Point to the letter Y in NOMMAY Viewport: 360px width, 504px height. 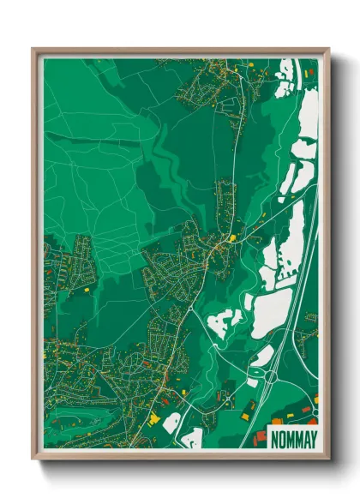[x=312, y=438]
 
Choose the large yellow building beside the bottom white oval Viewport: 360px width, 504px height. [x=155, y=417]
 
